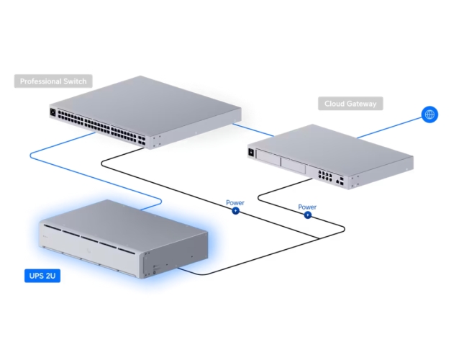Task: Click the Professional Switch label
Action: click(53, 81)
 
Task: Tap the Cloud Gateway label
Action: click(350, 104)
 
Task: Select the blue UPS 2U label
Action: click(42, 275)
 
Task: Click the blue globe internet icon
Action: click(429, 114)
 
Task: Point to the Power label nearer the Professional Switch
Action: click(235, 203)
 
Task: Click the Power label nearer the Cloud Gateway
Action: click(307, 207)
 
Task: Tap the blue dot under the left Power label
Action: click(236, 212)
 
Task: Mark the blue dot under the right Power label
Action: click(307, 215)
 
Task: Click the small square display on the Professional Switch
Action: click(53, 113)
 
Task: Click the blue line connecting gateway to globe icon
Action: click(388, 128)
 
